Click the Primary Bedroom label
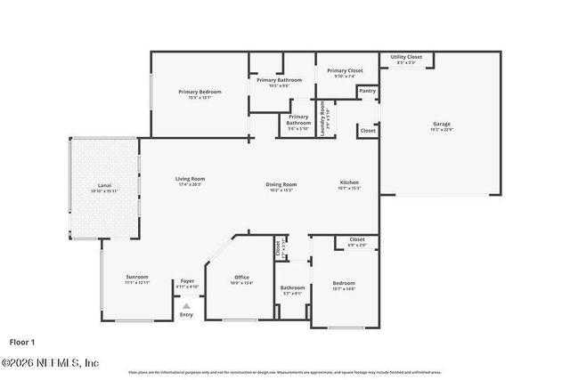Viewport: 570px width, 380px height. (199, 92)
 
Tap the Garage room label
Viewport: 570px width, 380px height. (441, 124)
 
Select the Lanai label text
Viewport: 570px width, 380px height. (103, 185)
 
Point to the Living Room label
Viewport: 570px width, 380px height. (190, 179)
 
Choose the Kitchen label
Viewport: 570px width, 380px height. (348, 182)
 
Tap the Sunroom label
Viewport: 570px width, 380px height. (136, 277)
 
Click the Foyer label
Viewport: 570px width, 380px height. (187, 281)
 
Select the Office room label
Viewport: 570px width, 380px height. (241, 277)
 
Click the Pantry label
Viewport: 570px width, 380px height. (367, 90)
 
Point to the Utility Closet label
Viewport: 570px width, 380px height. (406, 57)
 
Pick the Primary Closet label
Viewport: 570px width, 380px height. (344, 70)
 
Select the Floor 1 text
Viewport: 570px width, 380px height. (21, 341)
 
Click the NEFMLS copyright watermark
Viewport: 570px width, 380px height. (50, 362)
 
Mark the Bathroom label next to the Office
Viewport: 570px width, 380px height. (292, 287)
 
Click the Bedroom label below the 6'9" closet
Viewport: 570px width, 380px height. (343, 283)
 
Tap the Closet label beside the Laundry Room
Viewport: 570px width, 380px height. (367, 130)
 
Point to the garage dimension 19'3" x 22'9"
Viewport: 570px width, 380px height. (441, 130)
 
